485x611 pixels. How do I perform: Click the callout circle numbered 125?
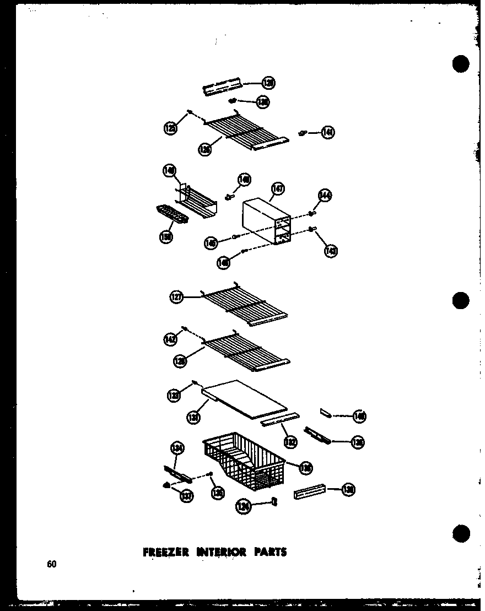click(x=170, y=128)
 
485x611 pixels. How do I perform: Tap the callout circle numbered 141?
click(x=328, y=132)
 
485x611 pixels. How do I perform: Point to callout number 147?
click(x=278, y=190)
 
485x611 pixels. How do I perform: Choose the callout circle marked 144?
click(x=325, y=196)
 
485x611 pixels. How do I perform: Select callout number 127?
click(x=176, y=298)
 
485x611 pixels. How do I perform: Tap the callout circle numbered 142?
click(x=170, y=340)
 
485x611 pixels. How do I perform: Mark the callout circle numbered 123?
click(x=174, y=394)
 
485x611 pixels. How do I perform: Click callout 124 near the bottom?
click(x=242, y=506)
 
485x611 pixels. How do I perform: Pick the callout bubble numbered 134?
click(x=177, y=449)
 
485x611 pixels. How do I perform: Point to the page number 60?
click(x=52, y=563)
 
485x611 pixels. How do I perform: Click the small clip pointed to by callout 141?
click(x=303, y=132)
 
